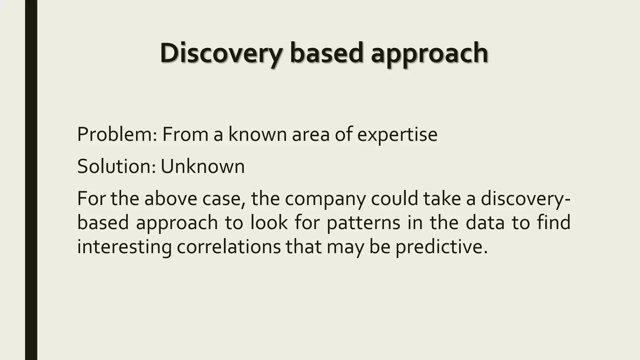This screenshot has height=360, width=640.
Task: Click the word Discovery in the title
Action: point(221,53)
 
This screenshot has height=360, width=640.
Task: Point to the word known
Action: point(257,134)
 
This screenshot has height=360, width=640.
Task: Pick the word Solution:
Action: point(116,166)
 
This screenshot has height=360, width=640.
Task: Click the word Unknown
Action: point(202,166)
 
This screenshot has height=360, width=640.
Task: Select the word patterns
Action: point(363,223)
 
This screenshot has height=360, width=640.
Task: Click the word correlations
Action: point(229,247)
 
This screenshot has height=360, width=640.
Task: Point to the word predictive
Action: point(441,247)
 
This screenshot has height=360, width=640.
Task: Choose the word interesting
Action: point(124,247)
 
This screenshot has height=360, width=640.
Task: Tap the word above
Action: point(171,199)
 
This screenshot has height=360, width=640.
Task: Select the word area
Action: point(311,134)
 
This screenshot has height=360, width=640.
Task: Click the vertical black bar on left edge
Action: point(31,180)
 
